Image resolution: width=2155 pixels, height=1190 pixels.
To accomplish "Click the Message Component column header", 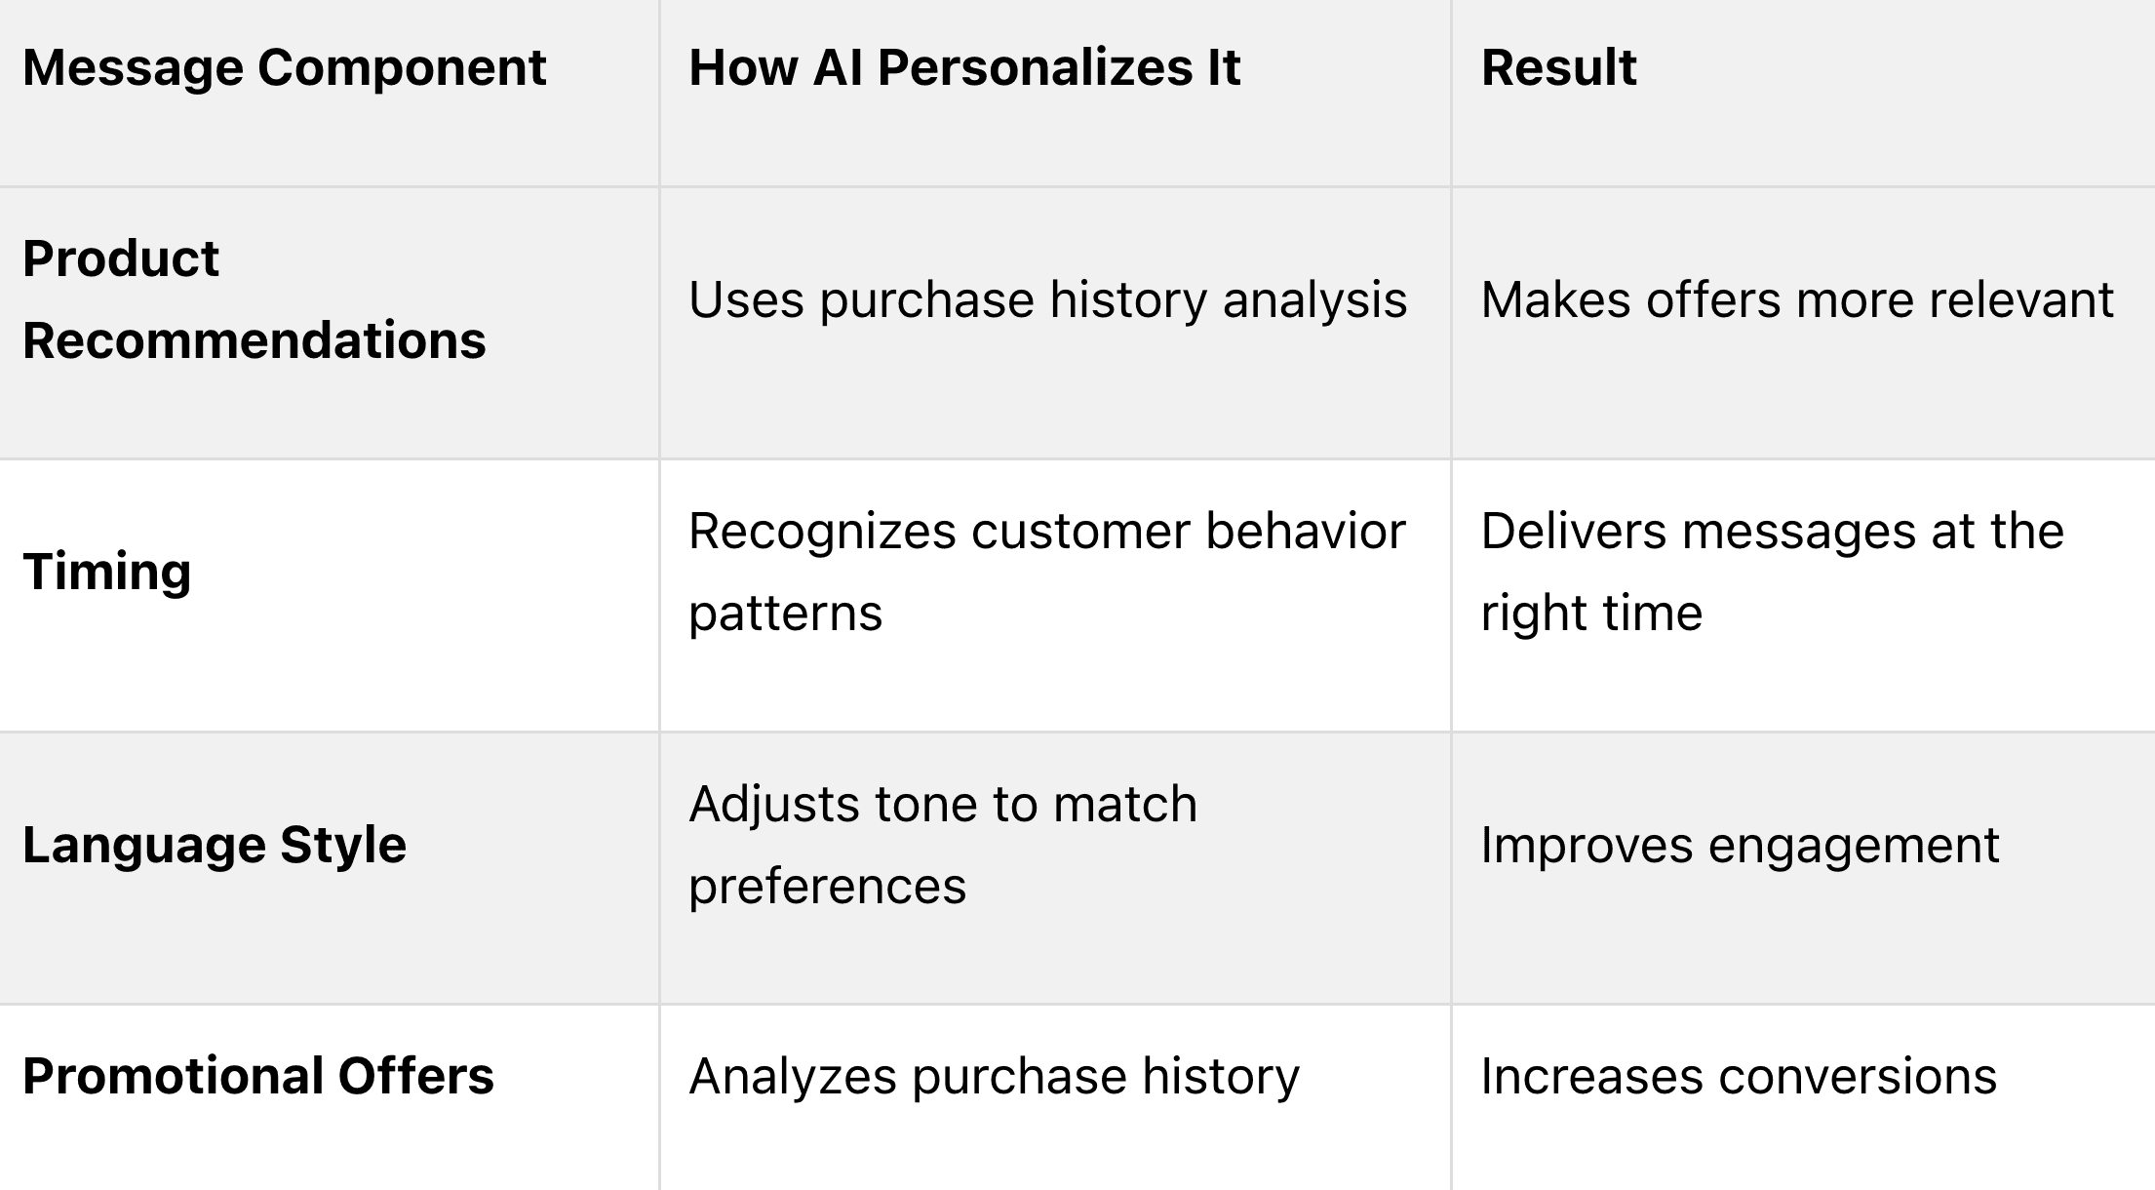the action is click(x=284, y=68).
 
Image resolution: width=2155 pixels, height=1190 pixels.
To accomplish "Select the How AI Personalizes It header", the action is click(x=964, y=68).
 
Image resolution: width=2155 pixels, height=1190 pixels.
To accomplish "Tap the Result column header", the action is click(x=1558, y=68).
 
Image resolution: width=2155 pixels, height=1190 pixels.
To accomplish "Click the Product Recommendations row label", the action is click(x=254, y=299).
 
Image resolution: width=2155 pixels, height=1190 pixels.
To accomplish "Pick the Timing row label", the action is click(x=106, y=573).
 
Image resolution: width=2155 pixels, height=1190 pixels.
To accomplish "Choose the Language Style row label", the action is click(x=215, y=845).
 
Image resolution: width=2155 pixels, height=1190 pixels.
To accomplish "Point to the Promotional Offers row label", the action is click(x=258, y=1077).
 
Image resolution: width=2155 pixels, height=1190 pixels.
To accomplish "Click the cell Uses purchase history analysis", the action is click(x=1048, y=300).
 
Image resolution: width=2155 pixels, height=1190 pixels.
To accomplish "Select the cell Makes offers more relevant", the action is click(x=1797, y=300).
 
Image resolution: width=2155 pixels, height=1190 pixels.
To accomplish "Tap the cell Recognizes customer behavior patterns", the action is click(x=1047, y=573).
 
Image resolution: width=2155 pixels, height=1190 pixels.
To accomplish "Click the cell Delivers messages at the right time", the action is click(x=1772, y=573).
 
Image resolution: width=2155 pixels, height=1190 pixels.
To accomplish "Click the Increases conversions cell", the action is click(x=1739, y=1077).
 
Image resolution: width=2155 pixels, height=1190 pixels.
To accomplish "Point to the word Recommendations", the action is click(x=254, y=340).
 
